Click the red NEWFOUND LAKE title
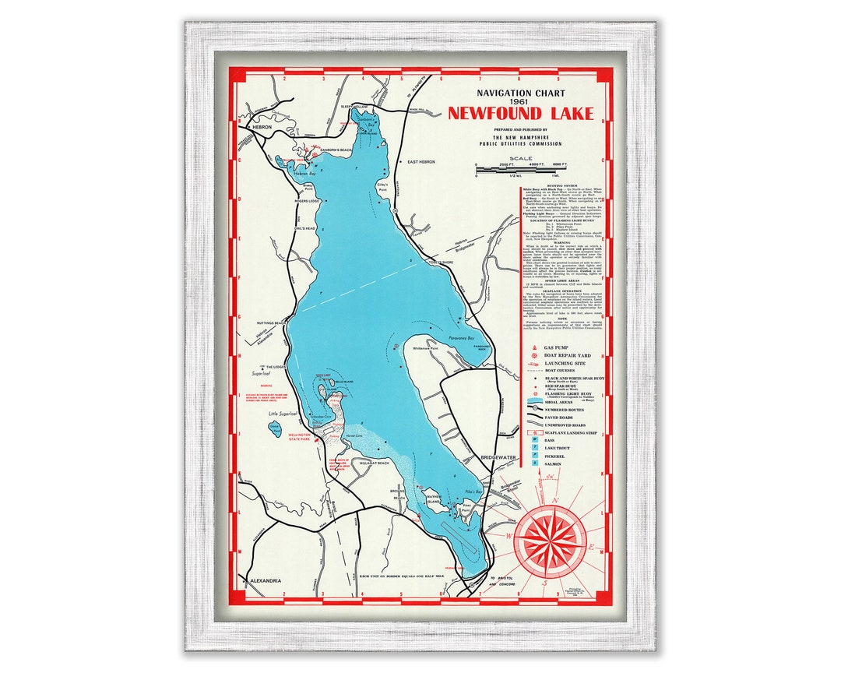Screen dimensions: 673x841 coord(520,114)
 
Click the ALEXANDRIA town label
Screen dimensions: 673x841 coord(266,581)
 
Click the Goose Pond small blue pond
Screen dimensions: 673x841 coord(275,428)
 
